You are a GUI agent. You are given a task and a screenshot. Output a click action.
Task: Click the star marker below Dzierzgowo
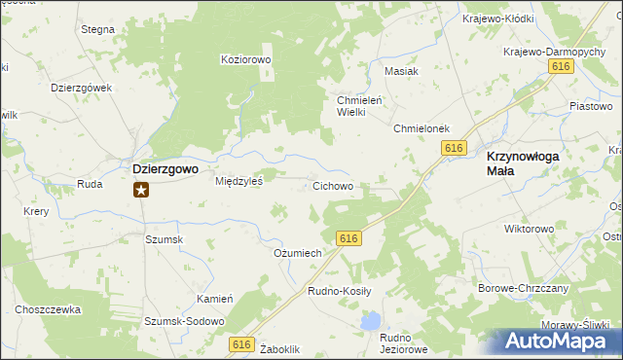[x=141, y=190]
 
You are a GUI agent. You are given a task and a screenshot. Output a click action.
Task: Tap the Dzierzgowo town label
[x=165, y=168]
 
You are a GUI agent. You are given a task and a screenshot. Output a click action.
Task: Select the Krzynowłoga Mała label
[x=528, y=162]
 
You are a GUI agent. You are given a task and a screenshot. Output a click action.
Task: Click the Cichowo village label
[x=332, y=186]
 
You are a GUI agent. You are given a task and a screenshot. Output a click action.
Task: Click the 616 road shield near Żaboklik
[x=242, y=343]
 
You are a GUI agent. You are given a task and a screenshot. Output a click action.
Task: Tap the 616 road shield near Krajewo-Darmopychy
[x=559, y=65]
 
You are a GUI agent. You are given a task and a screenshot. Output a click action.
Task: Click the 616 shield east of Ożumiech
[x=350, y=238]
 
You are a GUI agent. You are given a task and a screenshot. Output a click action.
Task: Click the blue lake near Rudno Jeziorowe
[x=370, y=320]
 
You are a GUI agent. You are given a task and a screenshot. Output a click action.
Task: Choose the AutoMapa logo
[x=556, y=342]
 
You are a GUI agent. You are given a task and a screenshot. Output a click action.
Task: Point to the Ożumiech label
[x=298, y=253]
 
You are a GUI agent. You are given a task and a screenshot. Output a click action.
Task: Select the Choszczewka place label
[x=47, y=309]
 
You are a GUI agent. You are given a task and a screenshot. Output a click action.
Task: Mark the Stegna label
[x=97, y=30]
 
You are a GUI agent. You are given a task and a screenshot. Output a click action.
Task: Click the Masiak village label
[x=401, y=71]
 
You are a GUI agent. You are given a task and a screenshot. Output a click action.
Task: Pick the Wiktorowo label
[x=529, y=230]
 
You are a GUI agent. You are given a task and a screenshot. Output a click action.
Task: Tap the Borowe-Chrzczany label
[x=524, y=289]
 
